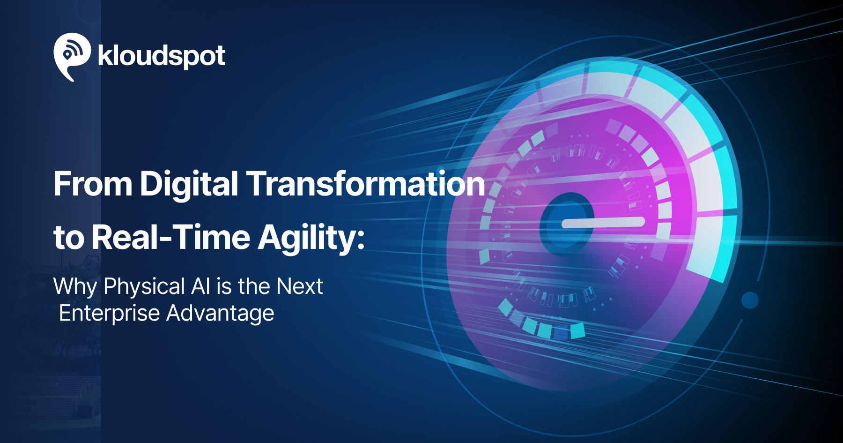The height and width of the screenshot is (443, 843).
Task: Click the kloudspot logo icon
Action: coord(72,56)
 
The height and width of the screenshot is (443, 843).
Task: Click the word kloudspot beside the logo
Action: coord(162,57)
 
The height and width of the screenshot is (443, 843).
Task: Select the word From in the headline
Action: coord(93,183)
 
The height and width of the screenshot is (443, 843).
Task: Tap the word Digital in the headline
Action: coord(189,183)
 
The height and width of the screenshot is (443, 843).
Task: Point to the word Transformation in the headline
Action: coord(366,183)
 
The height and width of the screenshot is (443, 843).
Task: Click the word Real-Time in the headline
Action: coord(171,237)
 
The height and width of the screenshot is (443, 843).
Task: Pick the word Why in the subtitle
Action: coord(75,287)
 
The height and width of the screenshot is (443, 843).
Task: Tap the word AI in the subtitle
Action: coord(200,286)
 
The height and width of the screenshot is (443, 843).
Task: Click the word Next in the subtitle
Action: coord(300,286)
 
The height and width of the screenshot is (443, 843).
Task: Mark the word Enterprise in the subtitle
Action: coord(110,313)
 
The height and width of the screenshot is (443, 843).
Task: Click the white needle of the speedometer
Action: coord(603,222)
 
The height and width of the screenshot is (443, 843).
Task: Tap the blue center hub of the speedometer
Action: coord(566,224)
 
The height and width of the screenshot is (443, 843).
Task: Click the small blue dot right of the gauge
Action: coord(750,300)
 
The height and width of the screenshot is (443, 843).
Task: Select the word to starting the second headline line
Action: coord(68,238)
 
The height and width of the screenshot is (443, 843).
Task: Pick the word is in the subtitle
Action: coord(224,286)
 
